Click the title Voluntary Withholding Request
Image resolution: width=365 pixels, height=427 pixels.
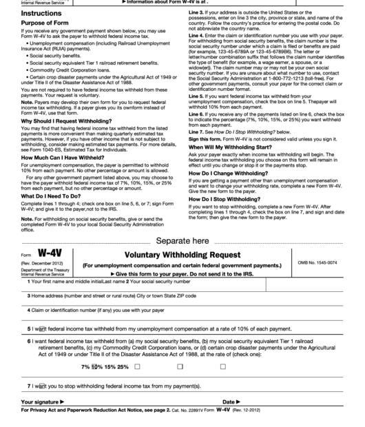182,254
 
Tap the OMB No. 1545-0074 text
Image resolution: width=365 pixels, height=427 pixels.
337,262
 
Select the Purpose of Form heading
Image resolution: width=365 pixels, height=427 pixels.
32,23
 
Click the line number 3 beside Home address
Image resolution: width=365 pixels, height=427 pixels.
29,295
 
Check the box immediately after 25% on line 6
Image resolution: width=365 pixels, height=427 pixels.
138,366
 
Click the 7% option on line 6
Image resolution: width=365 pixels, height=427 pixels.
85,366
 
